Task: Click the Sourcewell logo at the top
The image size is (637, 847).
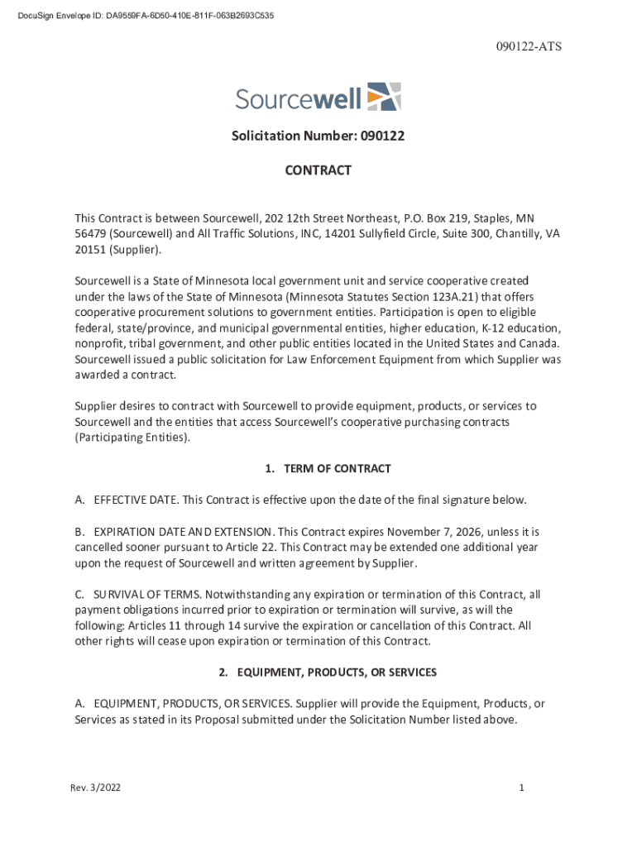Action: pos(318,98)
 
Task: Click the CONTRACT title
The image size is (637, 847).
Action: pos(318,170)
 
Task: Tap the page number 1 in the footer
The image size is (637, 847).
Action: pos(522,788)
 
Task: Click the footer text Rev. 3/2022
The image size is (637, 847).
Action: pos(95,788)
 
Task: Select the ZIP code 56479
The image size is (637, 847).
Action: pos(89,234)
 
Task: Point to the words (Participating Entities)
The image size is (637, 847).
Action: pos(132,438)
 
